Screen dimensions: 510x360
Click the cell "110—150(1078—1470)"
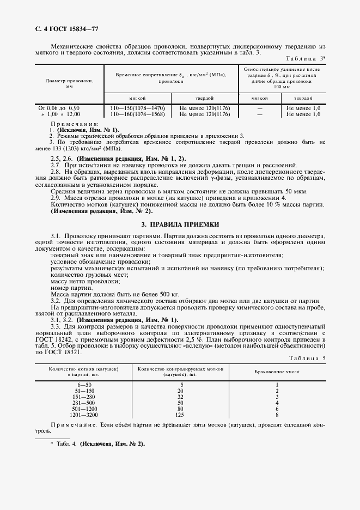(137, 108)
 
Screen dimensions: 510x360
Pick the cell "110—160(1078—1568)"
(137, 114)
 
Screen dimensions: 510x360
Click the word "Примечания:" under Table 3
(71, 124)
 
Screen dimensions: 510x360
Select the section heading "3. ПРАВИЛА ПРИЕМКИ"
(180, 224)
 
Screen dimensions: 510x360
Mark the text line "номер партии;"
(71, 288)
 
